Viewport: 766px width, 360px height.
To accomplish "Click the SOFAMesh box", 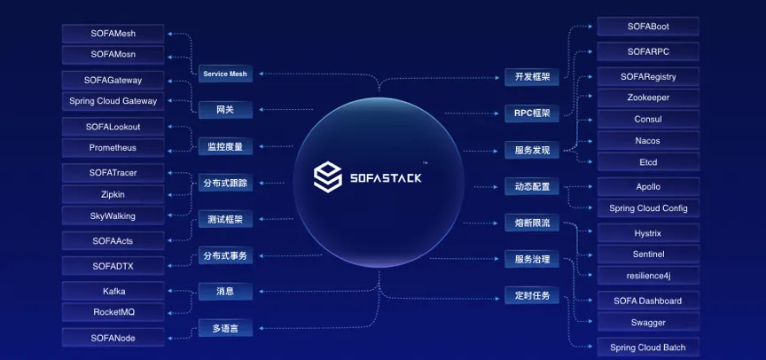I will coord(113,34).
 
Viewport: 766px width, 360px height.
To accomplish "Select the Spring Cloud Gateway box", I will coord(113,101).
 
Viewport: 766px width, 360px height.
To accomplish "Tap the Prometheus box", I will coord(113,147).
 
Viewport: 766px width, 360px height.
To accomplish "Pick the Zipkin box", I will coord(113,194).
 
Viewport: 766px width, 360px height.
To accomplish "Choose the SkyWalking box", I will coord(113,215).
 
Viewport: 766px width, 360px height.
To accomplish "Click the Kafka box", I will coord(113,291).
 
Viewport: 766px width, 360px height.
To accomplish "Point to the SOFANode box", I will coord(113,337).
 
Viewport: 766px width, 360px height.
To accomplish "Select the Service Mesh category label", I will coord(224,74).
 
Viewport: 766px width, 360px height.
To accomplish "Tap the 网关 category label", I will coord(224,111).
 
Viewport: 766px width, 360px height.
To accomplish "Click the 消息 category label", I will coord(224,291).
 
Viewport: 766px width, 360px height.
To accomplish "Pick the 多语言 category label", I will coord(224,329).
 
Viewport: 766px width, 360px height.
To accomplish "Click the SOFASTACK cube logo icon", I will coord(329,176).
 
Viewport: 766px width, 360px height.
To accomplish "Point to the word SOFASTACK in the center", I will coord(385,177).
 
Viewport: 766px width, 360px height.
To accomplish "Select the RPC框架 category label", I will coord(532,113).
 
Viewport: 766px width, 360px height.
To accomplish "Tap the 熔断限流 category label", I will coord(532,223).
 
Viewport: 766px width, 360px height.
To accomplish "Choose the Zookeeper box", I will coord(647,98).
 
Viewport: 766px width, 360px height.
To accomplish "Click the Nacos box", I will coord(647,140).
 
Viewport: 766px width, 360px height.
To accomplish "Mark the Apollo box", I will coord(647,187).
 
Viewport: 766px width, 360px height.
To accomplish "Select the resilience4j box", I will coord(647,275).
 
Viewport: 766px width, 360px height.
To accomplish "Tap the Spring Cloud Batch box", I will coord(647,347).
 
